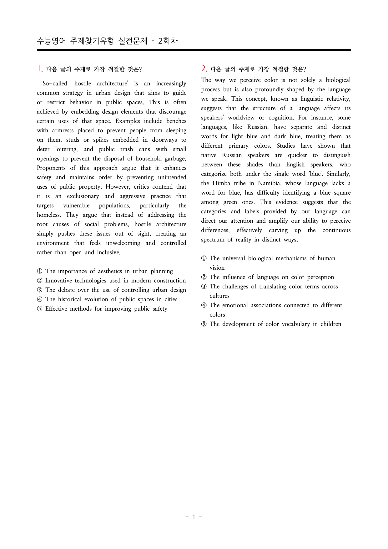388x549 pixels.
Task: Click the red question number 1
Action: tap(40, 69)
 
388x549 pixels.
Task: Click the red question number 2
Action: tap(204, 69)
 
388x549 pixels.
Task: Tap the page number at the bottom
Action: tap(194, 517)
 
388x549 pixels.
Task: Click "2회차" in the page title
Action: tap(168, 41)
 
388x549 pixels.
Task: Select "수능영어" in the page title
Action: tap(51, 41)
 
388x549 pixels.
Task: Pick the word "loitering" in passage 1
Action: tap(66, 149)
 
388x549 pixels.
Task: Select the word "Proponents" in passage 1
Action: tap(51, 168)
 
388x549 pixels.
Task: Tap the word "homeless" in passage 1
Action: tap(48, 215)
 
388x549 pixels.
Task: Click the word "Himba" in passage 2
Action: tap(221, 183)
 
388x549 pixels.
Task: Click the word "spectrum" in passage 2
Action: tap(213, 240)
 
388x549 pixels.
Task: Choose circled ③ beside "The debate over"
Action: tap(40, 290)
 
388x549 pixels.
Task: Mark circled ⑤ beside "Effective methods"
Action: tap(40, 309)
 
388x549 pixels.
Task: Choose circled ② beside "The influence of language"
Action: tap(204, 277)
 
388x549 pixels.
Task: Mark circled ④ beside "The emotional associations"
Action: tap(204, 305)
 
